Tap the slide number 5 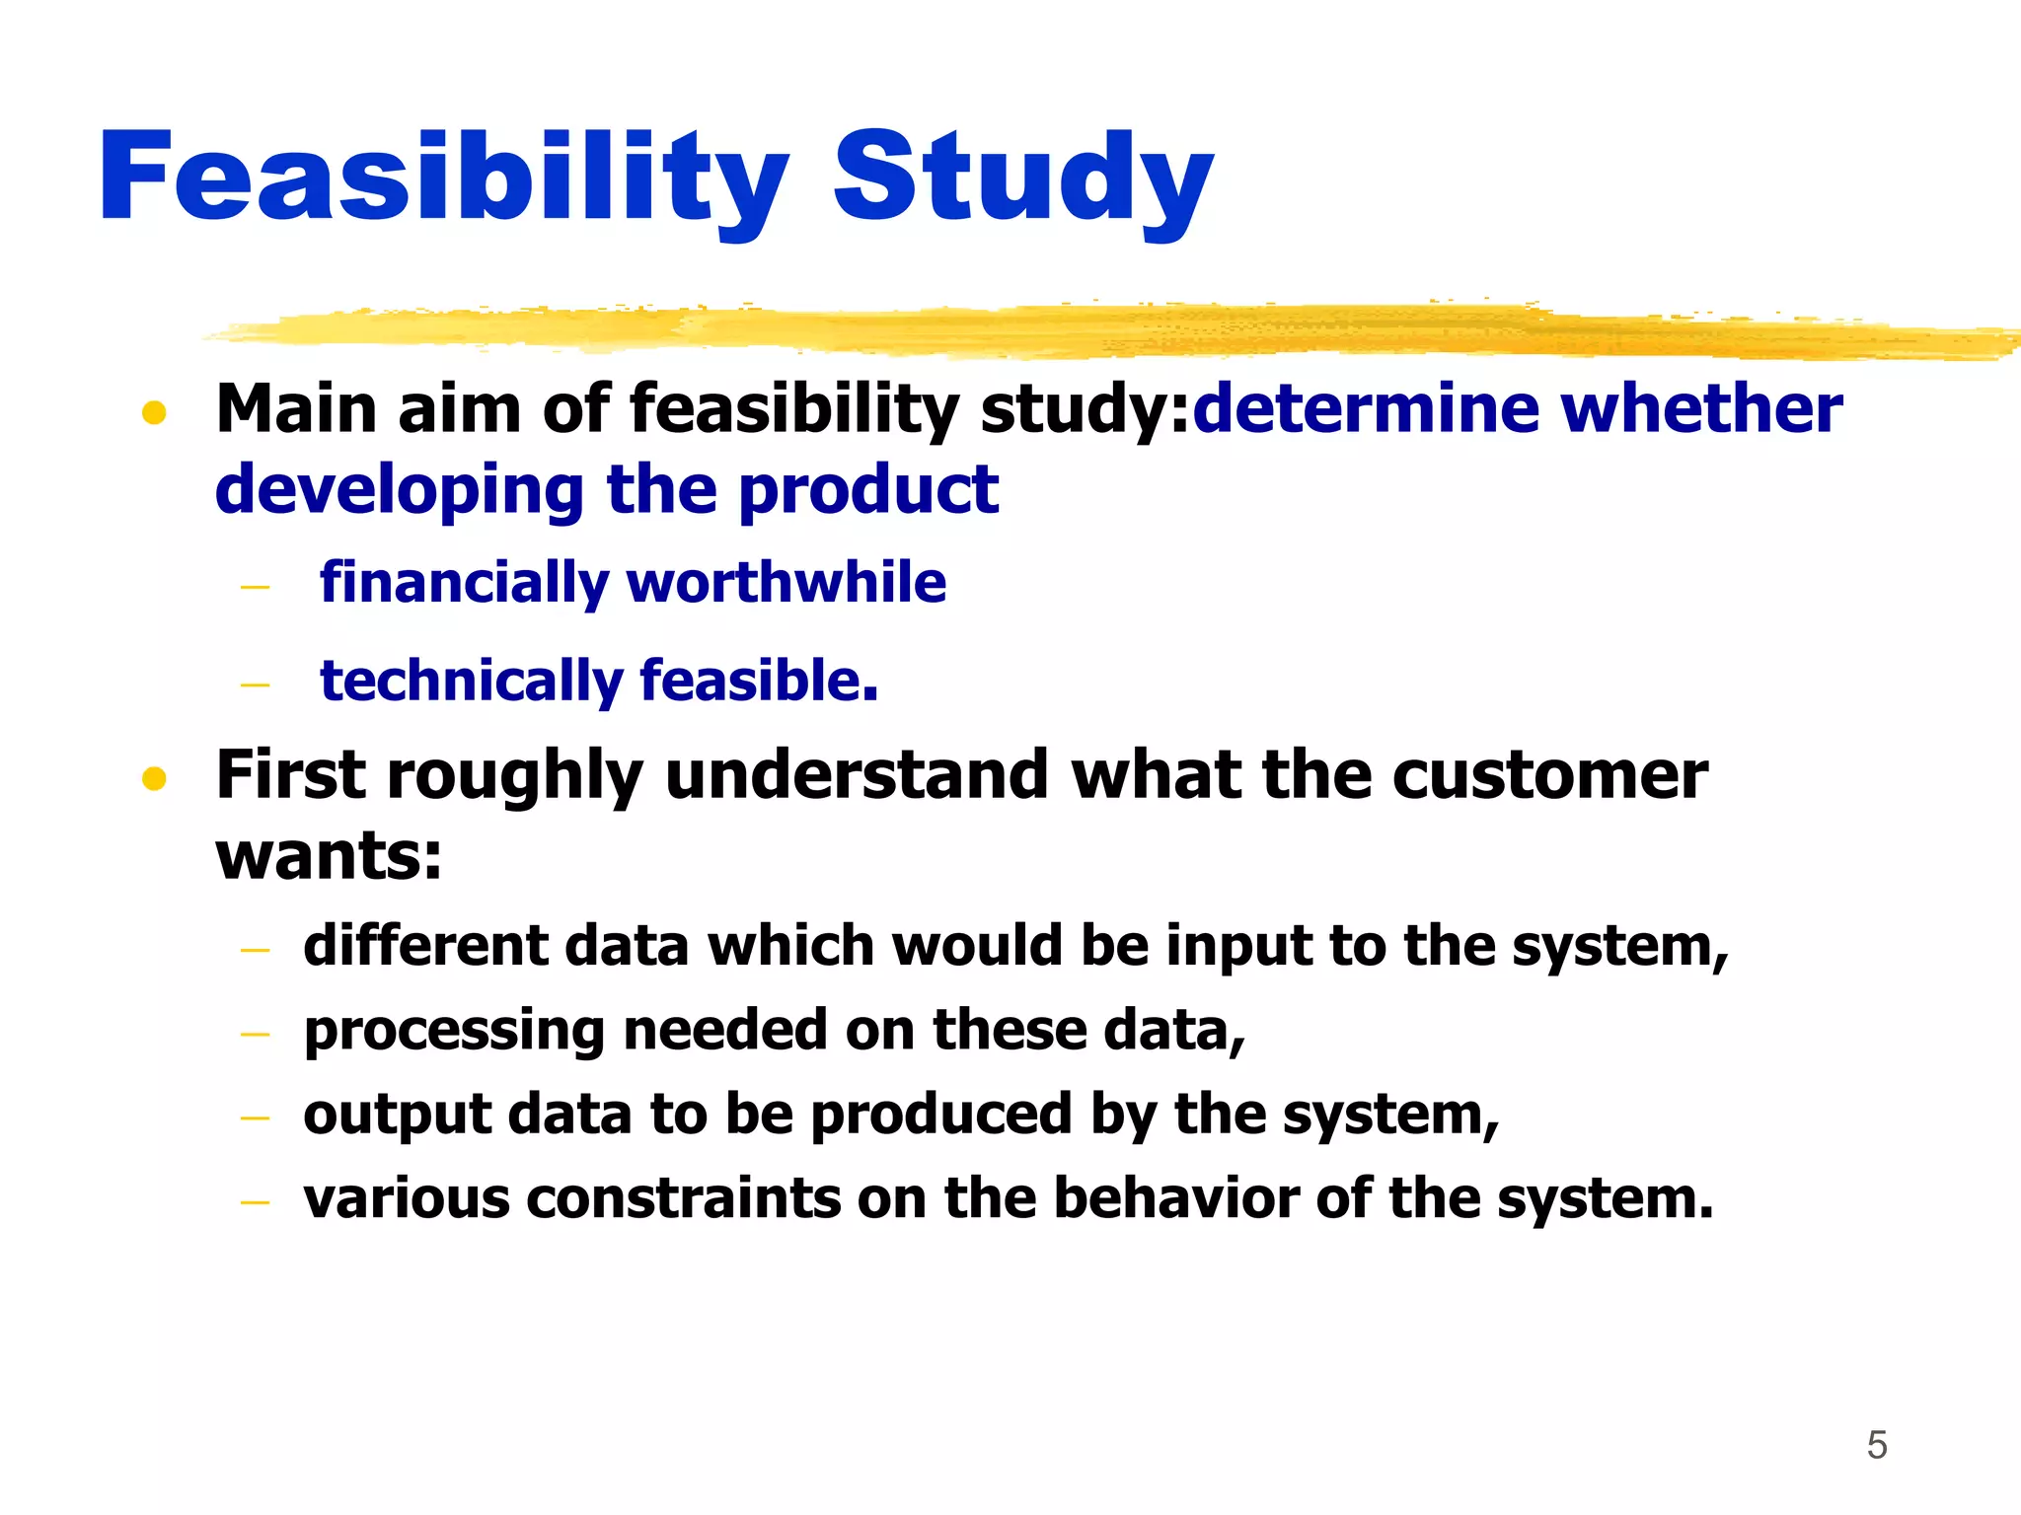[x=1877, y=1445]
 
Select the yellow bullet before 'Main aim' [x=154, y=412]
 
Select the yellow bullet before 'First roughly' [x=154, y=780]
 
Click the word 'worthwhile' [x=786, y=582]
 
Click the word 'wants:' [x=329, y=856]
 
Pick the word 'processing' [x=453, y=1032]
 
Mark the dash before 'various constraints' [x=255, y=1202]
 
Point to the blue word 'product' [x=868, y=490]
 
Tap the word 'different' [x=425, y=946]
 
